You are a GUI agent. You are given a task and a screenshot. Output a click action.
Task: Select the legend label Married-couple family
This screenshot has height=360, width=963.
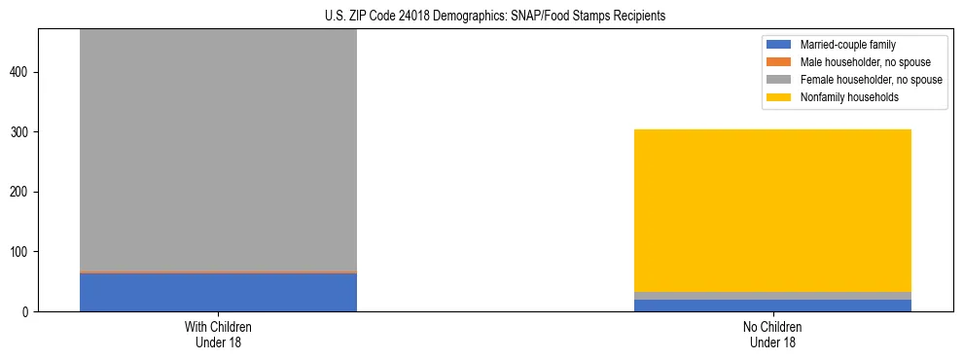click(x=847, y=45)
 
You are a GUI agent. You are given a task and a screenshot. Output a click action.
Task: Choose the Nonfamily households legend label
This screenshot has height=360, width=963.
click(x=848, y=97)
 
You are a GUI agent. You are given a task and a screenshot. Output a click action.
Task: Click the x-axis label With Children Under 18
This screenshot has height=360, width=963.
click(x=218, y=334)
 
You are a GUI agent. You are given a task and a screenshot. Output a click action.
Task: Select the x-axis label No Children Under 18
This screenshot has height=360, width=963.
click(x=772, y=334)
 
